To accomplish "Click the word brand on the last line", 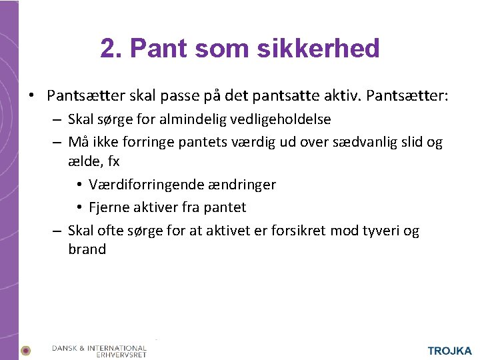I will pyautogui.click(x=87, y=249).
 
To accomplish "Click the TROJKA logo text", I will pyautogui.click(x=449, y=351).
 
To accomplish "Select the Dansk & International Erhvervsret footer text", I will pyautogui.click(x=99, y=351).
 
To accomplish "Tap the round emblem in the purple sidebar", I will pyautogui.click(x=25, y=350).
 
